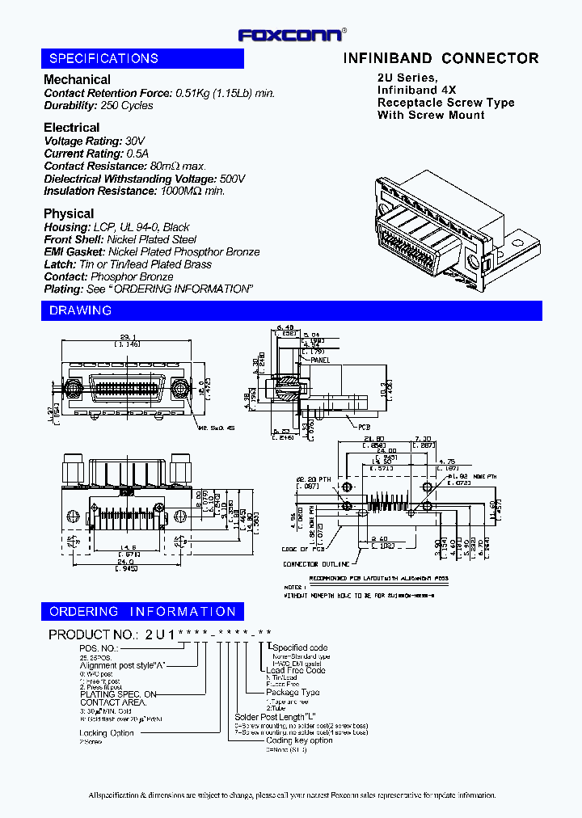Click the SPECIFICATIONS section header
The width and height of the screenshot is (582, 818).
coord(103,58)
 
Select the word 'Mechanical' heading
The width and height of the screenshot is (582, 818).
coord(77,79)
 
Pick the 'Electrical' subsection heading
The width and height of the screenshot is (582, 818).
coord(71,128)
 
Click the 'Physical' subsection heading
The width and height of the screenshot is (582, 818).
coord(68,213)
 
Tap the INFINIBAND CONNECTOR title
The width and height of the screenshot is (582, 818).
coord(441,58)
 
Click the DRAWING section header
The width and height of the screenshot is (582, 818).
coord(80,310)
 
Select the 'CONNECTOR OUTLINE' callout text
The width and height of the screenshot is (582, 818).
coord(316,564)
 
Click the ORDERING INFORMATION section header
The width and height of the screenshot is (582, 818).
coord(142,612)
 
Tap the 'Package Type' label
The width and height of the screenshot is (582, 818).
coord(293,692)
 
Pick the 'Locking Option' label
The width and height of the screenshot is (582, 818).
coord(107,732)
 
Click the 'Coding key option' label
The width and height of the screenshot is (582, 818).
coord(299,740)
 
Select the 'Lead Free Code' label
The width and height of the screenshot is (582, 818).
coord(296,670)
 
